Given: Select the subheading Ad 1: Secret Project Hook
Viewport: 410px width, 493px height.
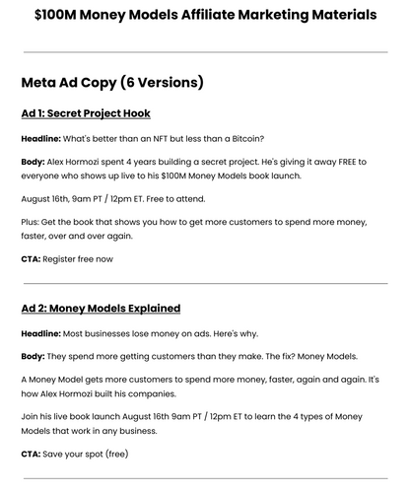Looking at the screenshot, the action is point(85,113).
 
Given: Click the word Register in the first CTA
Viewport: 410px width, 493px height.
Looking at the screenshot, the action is point(63,258).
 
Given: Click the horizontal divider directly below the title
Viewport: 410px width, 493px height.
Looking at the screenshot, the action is point(205,51).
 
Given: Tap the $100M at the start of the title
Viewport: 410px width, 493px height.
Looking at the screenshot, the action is point(57,15).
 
